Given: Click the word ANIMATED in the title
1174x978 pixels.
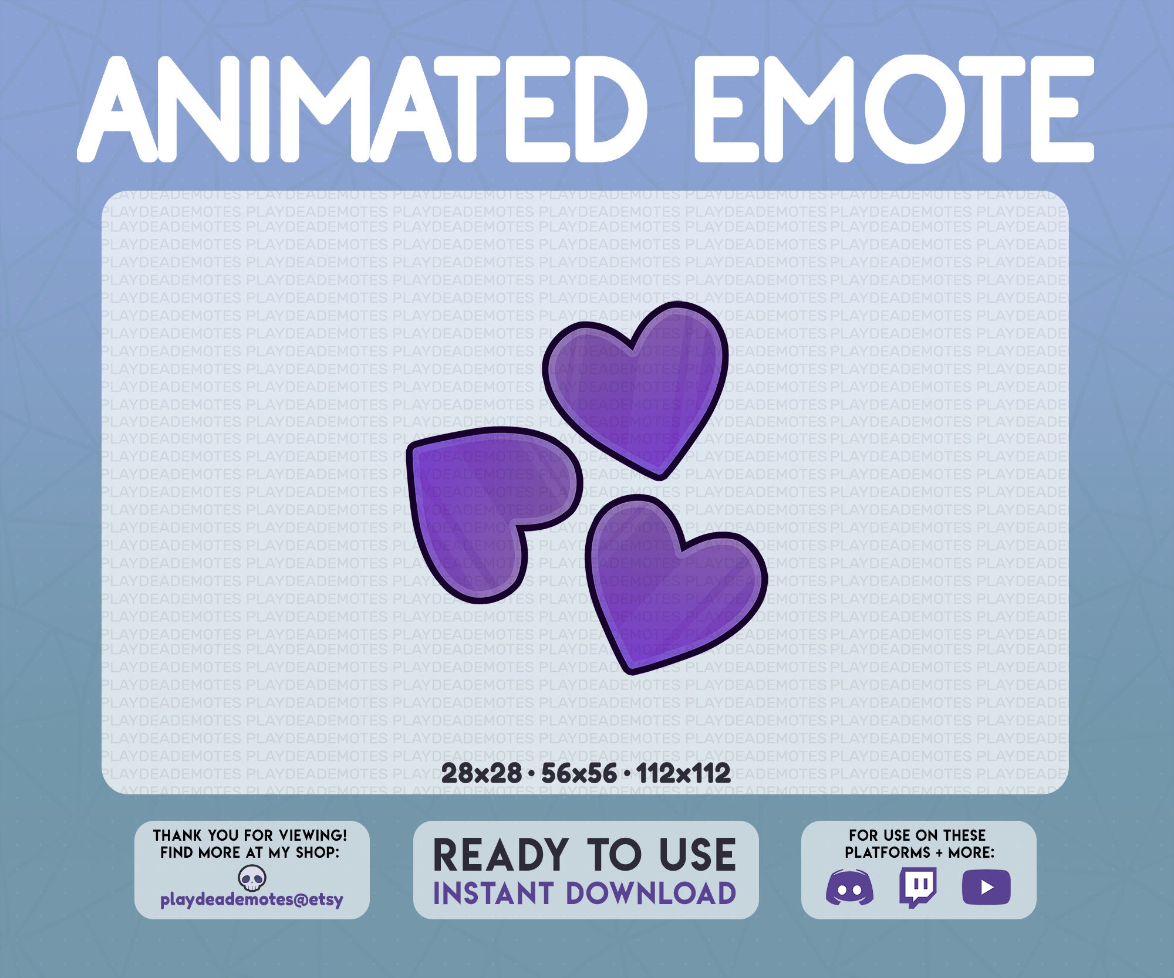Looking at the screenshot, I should point(361,109).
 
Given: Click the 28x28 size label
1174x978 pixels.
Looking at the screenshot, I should point(481,773).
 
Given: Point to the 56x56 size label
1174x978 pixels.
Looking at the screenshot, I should point(579,773).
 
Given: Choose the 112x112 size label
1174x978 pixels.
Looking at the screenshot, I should point(683,773).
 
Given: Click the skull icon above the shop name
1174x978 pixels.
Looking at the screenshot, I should point(252,878).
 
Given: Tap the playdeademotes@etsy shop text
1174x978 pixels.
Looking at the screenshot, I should point(252,900).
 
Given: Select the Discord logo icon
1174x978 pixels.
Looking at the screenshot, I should point(849,888).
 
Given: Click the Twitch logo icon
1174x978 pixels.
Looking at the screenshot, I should point(917,887).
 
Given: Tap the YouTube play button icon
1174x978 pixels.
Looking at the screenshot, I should point(986,887).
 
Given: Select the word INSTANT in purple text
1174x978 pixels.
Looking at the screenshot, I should point(493,894).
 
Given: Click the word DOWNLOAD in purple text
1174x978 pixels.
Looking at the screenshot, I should point(650,894).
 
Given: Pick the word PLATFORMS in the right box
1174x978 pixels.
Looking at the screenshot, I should point(888,852).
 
